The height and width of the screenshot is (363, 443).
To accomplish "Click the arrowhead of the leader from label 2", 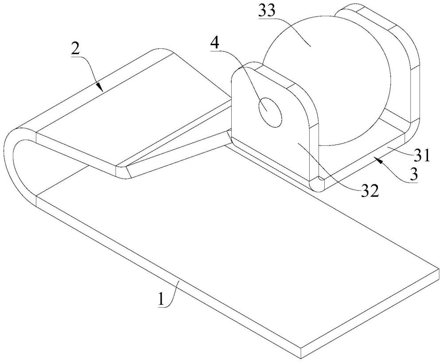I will [x=101, y=88].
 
